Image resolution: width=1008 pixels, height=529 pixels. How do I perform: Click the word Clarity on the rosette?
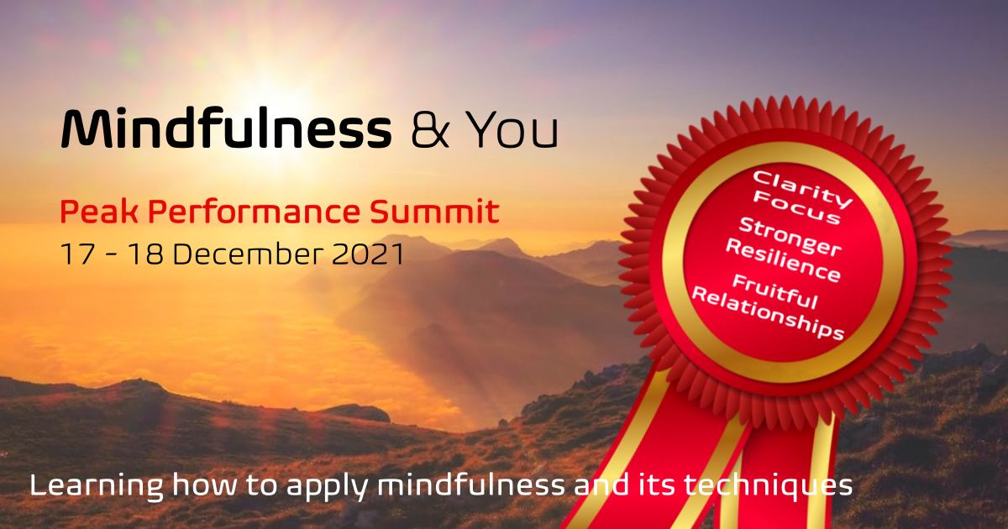coord(803,186)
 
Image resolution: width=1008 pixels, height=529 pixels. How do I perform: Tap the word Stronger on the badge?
coord(790,235)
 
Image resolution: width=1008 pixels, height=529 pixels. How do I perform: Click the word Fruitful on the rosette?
coord(774,291)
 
